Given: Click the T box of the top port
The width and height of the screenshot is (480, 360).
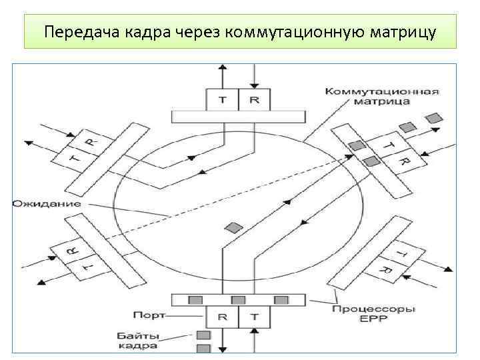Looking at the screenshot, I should tap(223, 100).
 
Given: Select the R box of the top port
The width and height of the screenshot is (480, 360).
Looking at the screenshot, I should tap(254, 100).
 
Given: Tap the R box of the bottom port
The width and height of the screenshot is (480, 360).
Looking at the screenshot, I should tap(223, 317).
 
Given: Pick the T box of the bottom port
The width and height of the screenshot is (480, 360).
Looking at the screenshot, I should tap(254, 317).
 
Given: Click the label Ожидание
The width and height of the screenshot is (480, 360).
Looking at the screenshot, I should tap(46, 203).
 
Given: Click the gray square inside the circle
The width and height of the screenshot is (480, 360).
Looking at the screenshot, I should tap(232, 227).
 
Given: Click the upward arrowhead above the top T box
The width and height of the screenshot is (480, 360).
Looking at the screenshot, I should tap(223, 68).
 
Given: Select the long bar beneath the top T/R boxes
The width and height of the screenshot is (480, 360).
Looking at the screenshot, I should tap(238, 117).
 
